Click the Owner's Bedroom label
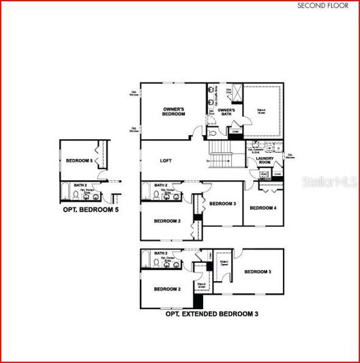click(x=174, y=112)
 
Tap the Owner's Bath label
click(x=226, y=112)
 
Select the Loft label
click(x=166, y=161)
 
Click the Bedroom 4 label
click(x=262, y=207)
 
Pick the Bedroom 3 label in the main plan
click(x=222, y=204)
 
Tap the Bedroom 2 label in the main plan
click(x=167, y=221)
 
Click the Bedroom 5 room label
click(x=79, y=160)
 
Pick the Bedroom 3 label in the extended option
click(x=258, y=272)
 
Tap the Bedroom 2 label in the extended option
click(x=167, y=289)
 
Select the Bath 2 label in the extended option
click(x=160, y=253)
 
